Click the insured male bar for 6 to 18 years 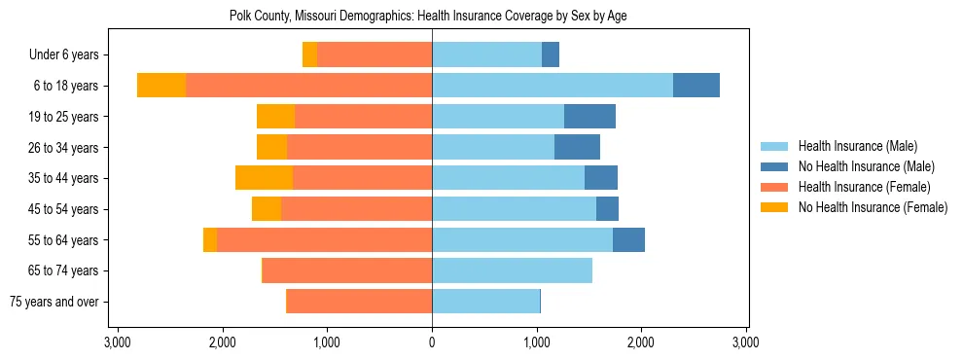coord(553,86)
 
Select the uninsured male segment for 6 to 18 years coord(696,86)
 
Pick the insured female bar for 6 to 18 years coord(308,86)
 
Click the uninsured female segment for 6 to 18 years coord(161,86)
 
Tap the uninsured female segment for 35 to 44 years coord(264,178)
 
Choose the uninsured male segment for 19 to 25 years coord(589,117)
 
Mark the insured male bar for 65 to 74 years coord(512,270)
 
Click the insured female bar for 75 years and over coord(359,302)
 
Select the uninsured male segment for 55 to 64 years coord(628,240)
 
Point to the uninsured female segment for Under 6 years coord(309,55)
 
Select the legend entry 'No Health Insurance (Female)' coord(873,207)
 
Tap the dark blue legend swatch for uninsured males coord(774,166)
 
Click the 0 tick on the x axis coord(432,342)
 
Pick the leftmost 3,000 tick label coord(117,342)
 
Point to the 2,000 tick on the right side coord(641,342)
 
